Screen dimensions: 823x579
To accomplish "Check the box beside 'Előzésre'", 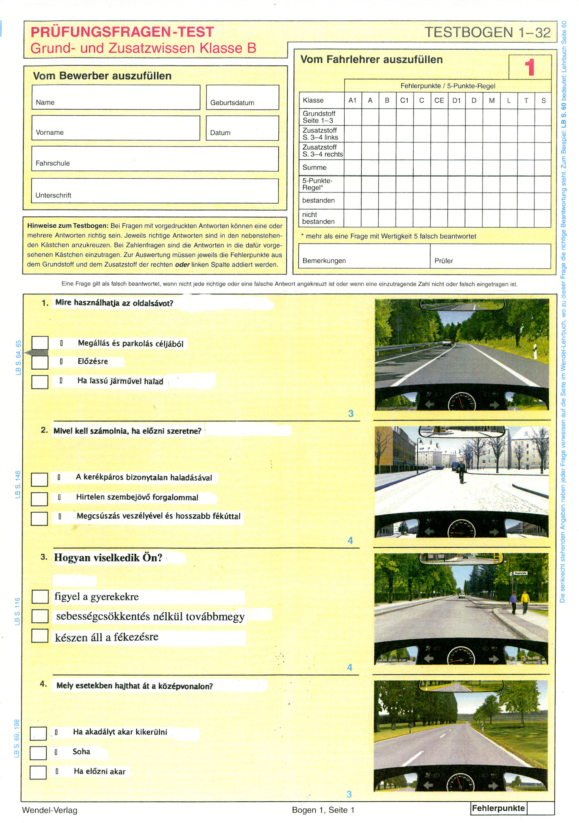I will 40,362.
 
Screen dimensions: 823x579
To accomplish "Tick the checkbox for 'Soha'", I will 38,752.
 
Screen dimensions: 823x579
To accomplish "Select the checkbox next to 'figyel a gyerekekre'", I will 40,597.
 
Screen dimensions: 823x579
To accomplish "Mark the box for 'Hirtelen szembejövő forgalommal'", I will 39,499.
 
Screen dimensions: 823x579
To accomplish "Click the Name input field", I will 116,97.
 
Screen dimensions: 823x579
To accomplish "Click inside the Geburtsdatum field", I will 242,97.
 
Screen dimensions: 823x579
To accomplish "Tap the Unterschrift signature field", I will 155,191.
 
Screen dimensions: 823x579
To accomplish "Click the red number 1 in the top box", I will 530,67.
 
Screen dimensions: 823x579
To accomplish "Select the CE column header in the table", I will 439,100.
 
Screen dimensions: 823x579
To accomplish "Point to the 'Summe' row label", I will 315,167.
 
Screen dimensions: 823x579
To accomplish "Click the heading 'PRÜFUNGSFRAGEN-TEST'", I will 122,32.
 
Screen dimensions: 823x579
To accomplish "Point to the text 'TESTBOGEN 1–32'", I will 488,32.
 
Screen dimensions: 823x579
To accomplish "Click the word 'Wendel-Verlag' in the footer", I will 50,810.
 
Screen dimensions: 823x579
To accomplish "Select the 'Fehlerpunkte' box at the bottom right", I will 498,808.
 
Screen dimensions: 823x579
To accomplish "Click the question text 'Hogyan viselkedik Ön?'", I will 108,558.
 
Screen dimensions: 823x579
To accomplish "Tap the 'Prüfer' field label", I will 444,261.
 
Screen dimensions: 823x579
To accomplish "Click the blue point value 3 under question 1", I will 350,414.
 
